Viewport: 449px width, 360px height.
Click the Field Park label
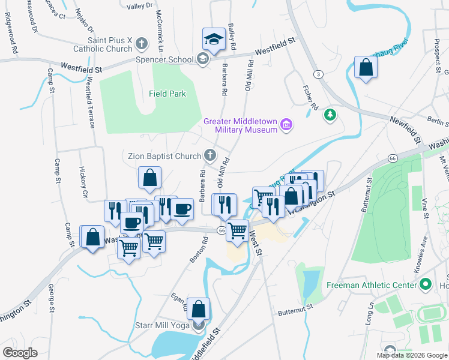pos(167,94)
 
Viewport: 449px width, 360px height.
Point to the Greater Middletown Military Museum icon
pos(286,125)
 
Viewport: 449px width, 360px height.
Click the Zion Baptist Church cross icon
pos(209,155)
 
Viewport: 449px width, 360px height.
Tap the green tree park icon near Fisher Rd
pos(329,115)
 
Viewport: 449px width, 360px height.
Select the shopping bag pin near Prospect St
pos(365,68)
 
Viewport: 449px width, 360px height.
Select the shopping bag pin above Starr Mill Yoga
pos(199,310)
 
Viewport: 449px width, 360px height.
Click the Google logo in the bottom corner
pos(20,352)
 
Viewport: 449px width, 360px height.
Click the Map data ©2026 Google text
pos(411,355)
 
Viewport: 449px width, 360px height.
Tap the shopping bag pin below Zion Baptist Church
pos(149,178)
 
